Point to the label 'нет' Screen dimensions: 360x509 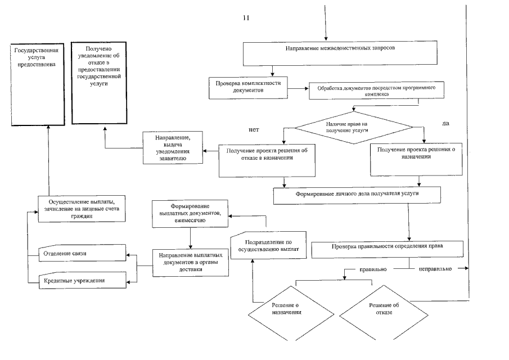(x=253, y=129)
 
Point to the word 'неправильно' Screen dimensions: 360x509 (x=435, y=269)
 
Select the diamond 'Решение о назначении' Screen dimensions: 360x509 (x=281, y=311)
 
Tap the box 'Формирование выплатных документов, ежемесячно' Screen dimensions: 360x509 (x=190, y=214)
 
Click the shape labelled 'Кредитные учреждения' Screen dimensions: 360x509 (x=80, y=280)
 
